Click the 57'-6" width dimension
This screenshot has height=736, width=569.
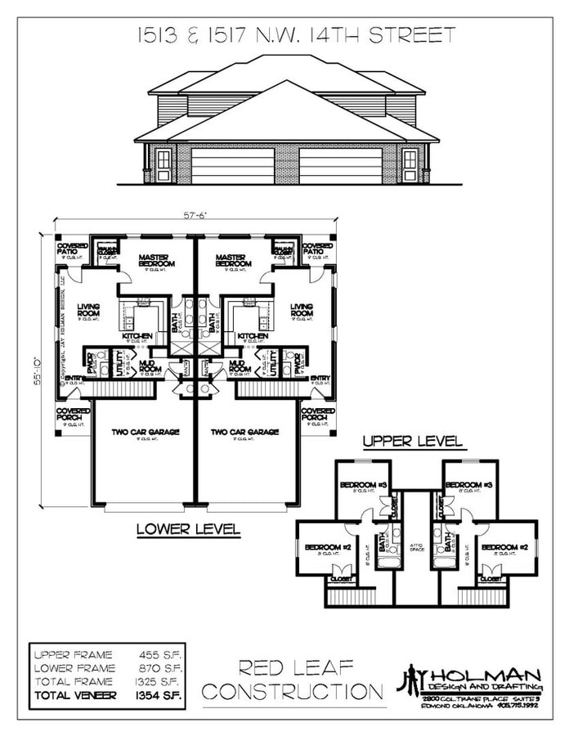[195, 216]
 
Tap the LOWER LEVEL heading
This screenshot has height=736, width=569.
[188, 530]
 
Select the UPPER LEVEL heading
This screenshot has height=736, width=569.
[413, 442]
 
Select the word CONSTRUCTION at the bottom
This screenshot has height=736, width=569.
[293, 692]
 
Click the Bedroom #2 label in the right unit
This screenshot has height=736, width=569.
[498, 546]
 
